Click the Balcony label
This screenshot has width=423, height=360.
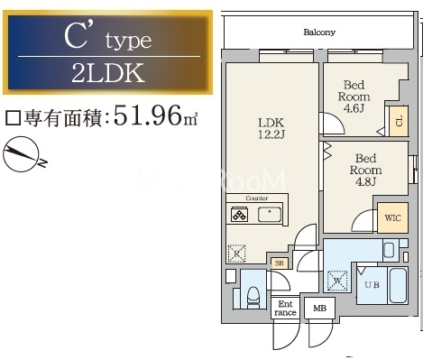tap(319, 32)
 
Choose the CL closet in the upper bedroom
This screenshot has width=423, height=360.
tap(398, 119)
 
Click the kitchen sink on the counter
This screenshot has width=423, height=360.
tap(270, 214)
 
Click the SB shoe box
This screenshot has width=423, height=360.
tap(280, 263)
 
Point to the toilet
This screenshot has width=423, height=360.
tap(253, 292)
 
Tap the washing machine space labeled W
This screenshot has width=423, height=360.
tap(338, 280)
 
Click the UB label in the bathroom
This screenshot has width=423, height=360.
tap(372, 284)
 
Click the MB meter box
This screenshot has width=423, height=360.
tap(318, 309)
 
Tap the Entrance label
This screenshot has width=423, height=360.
tap(286, 309)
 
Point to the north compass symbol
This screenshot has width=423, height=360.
tap(23, 155)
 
